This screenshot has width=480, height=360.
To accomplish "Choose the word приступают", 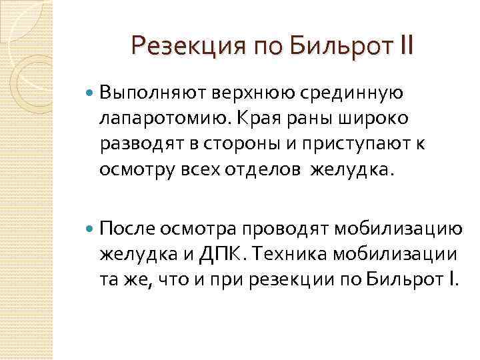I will [354, 144].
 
